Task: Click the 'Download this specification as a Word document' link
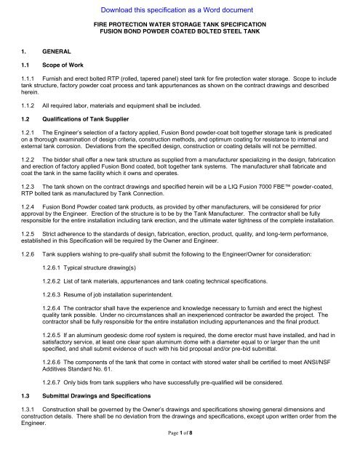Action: [x=180, y=10]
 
